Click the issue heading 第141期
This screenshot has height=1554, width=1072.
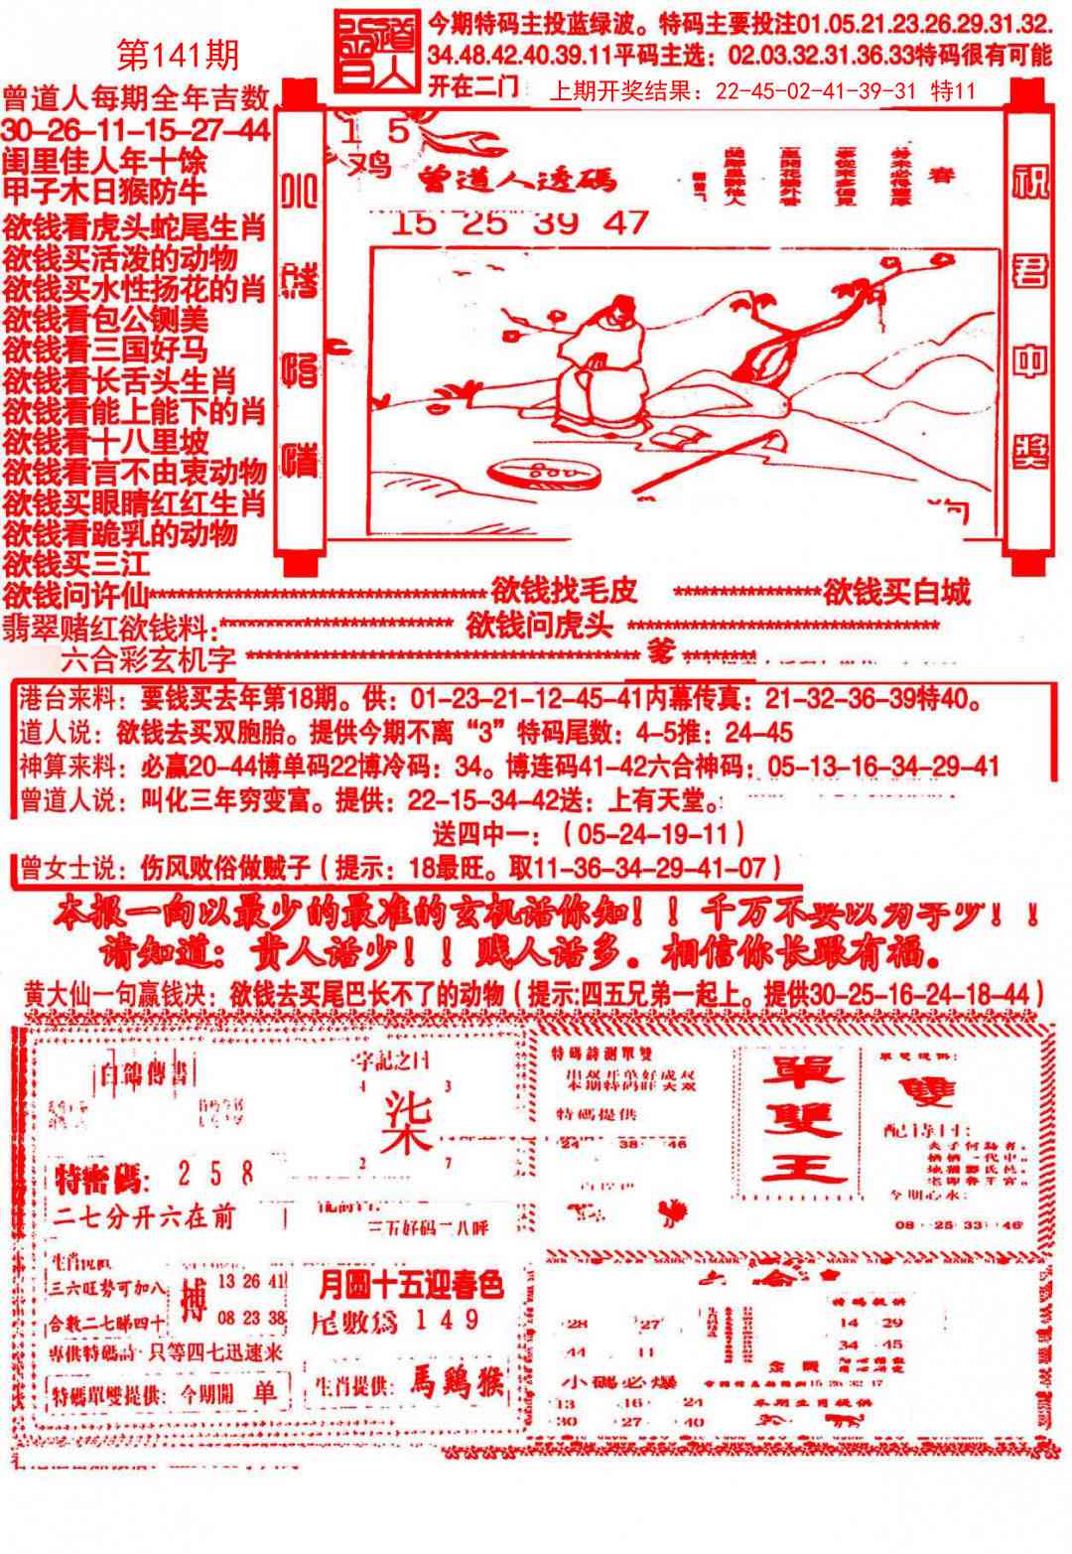[x=178, y=56]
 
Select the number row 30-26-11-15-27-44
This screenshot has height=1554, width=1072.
[x=136, y=130]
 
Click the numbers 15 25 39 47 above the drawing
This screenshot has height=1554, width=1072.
[x=519, y=222]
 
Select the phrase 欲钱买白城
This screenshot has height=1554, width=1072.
[x=896, y=593]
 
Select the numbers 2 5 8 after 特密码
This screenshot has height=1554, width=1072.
[x=215, y=1174]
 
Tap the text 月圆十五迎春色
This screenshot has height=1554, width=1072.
[x=410, y=1286]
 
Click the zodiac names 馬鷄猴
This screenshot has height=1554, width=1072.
[x=458, y=1381]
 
